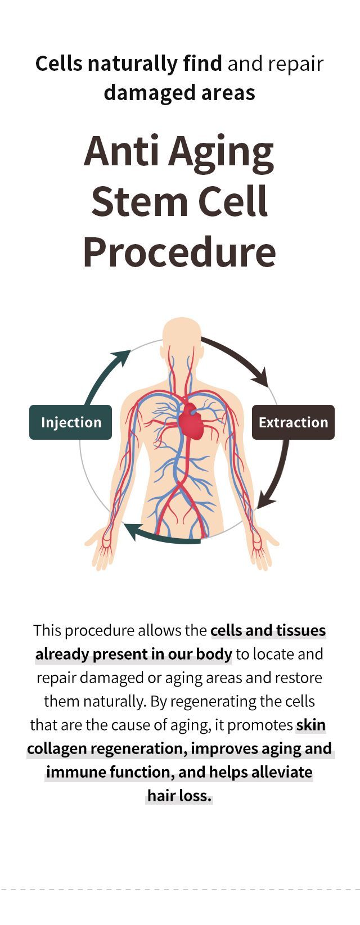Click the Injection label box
pyautogui.click(x=71, y=422)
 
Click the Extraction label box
pyautogui.click(x=293, y=422)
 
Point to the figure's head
pyautogui.click(x=182, y=337)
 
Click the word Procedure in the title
pyautogui.click(x=179, y=252)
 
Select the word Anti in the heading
pyautogui.click(x=121, y=151)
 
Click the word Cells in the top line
pyautogui.click(x=58, y=64)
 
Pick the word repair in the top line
pyautogui.click(x=295, y=65)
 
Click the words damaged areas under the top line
pyautogui.click(x=179, y=93)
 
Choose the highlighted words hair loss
pyautogui.click(x=180, y=795)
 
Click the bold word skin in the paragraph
pyautogui.click(x=311, y=725)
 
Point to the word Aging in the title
pyautogui.click(x=220, y=154)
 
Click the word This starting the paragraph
pyautogui.click(x=47, y=630)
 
